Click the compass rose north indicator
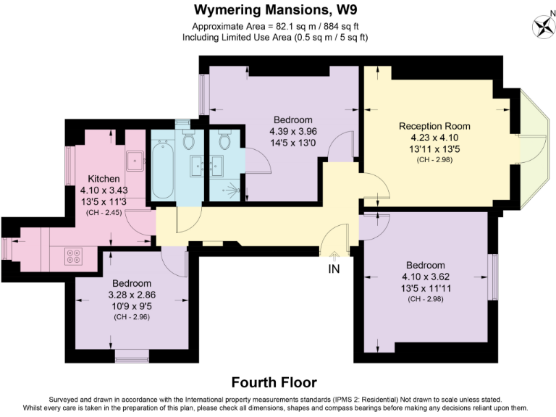click(x=542, y=27)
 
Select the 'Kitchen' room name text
click(x=104, y=179)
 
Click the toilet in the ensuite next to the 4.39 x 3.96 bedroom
click(x=224, y=140)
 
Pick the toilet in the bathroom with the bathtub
click(x=190, y=140)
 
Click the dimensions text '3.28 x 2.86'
click(x=132, y=295)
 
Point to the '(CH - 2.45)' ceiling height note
click(x=104, y=213)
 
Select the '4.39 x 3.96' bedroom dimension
click(x=293, y=131)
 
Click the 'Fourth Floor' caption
click(x=274, y=382)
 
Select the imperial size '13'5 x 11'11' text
click(x=426, y=287)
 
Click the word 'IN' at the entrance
click(x=334, y=269)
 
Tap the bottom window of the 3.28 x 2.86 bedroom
click(x=132, y=355)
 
